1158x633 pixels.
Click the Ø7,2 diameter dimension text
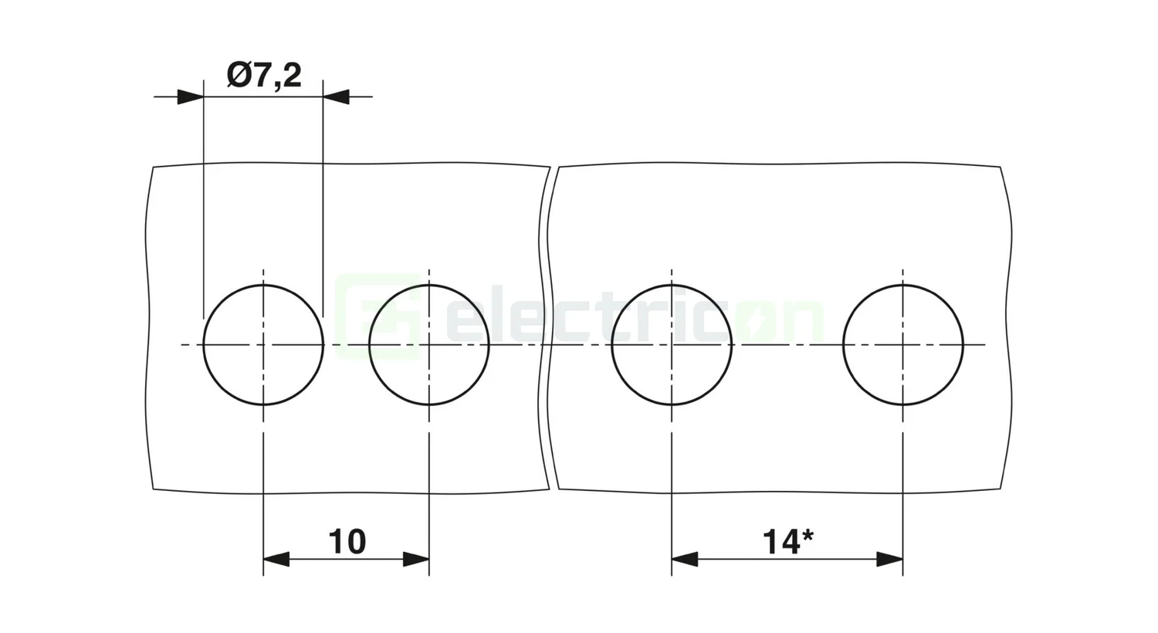pos(264,76)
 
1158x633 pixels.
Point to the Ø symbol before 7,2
pos(240,76)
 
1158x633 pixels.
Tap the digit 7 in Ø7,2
pos(261,76)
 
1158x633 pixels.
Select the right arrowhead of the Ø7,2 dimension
pos(335,97)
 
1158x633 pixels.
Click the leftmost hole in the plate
pos(263,345)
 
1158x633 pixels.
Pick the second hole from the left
pos(429,345)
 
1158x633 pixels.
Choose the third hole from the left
pos(672,345)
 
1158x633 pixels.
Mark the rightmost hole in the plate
pos(902,345)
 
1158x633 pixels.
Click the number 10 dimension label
pos(347,542)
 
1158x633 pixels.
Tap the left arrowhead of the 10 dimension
pos(276,560)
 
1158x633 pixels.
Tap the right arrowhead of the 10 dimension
pos(417,560)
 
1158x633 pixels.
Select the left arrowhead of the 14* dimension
pos(684,560)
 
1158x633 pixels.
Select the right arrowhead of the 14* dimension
pos(890,560)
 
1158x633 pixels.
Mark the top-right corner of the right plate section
pos(1001,168)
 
